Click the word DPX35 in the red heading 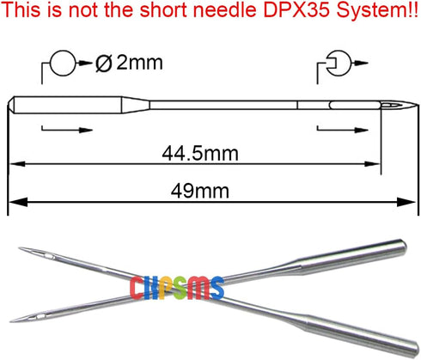(296, 9)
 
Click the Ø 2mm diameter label (129, 63)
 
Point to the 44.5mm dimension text (200, 153)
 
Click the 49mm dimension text (200, 191)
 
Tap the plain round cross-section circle (63, 51)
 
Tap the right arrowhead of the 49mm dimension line (406, 203)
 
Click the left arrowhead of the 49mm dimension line (18, 203)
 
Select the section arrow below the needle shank (67, 130)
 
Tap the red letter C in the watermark (136, 288)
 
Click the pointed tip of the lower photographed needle (11, 321)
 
